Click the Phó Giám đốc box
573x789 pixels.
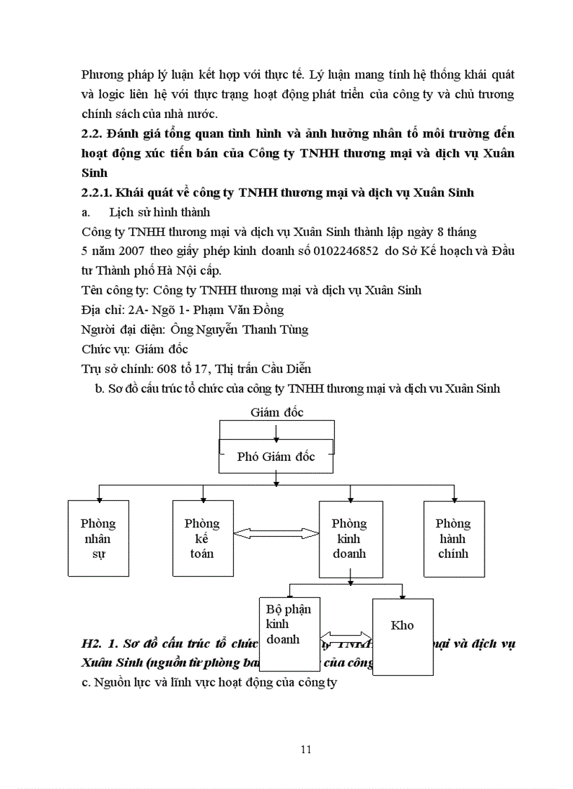(276, 456)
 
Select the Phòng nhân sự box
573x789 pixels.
(98, 538)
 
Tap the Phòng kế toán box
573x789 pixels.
(202, 538)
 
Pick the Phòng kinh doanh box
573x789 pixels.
(349, 538)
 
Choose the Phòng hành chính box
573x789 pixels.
(453, 538)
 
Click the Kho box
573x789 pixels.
(402, 636)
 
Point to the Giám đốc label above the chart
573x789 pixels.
(277, 412)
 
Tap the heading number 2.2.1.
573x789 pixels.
(95, 193)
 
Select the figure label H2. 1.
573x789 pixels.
(98, 643)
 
